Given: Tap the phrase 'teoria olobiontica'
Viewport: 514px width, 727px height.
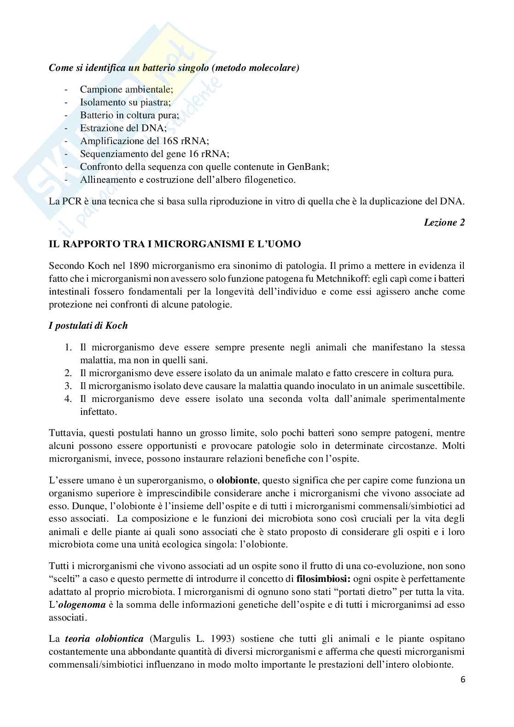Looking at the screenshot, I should tap(105, 639).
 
